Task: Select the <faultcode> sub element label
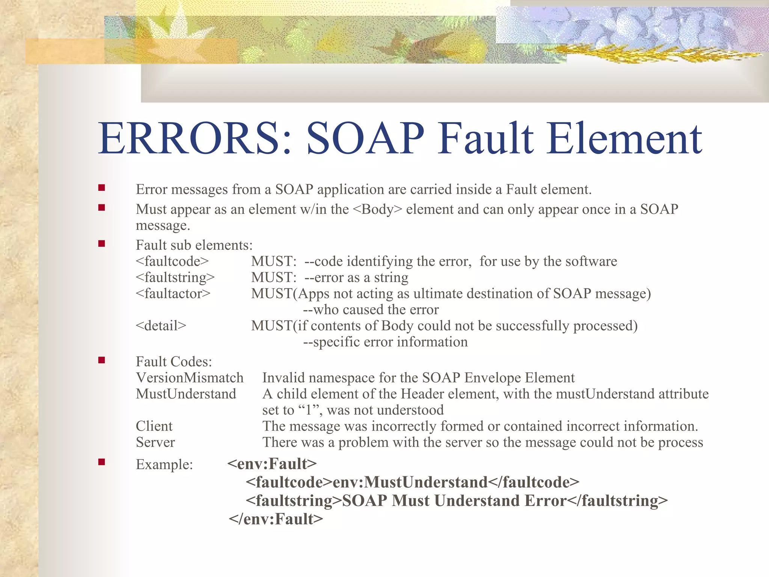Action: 172,261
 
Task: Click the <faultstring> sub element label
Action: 175,277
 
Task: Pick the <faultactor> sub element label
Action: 173,293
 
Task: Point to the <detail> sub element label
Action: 161,326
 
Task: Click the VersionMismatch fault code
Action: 190,378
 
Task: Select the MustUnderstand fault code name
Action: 186,394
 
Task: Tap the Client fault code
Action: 154,426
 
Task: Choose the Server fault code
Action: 155,442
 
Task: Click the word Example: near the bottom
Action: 164,465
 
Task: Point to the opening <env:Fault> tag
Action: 272,464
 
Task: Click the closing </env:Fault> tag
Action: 276,519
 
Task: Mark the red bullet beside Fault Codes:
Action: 101,360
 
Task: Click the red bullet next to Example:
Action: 101,462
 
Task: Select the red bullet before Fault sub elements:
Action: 101,244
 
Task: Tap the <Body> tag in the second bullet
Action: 377,209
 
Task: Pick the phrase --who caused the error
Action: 371,310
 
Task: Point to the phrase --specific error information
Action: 385,342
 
